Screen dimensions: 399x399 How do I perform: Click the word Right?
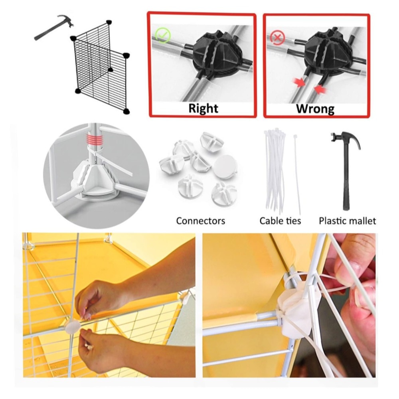tap(203, 108)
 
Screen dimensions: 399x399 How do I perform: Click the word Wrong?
tap(315, 109)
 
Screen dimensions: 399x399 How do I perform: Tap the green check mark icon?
tap(163, 36)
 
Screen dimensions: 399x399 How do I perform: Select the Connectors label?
tap(201, 221)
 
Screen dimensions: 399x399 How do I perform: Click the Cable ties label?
tap(280, 221)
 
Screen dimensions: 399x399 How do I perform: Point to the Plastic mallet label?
tap(348, 221)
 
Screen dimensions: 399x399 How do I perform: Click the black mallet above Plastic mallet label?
tap(346, 170)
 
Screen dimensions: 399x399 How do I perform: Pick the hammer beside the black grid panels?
tap(54, 28)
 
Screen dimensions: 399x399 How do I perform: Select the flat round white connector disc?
tap(225, 167)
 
